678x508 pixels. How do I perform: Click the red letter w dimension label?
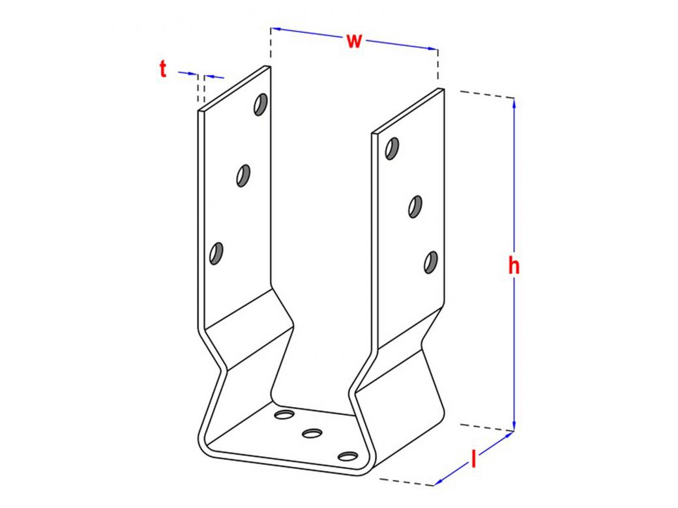coord(354,41)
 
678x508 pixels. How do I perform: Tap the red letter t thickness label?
coord(162,69)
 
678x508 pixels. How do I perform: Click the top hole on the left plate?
coord(261,104)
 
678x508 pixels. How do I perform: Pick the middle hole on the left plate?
coord(243,175)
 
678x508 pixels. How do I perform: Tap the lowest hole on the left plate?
coord(216,253)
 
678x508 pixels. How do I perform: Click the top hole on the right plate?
coord(392,148)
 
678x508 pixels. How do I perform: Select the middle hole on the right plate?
coord(415,206)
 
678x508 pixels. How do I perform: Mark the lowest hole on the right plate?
coord(431,262)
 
